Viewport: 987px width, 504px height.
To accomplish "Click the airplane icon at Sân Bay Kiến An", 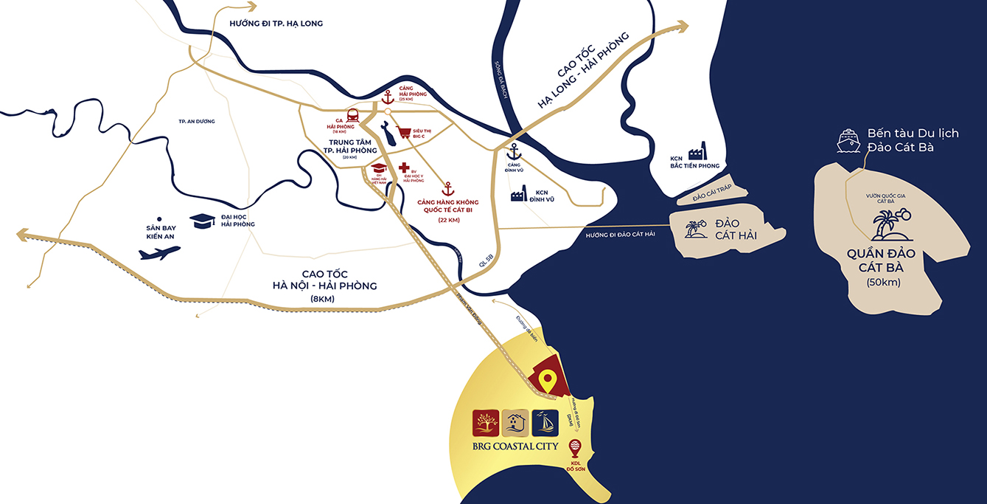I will pyautogui.click(x=159, y=253).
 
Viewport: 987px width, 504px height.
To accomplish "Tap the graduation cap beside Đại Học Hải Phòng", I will pyautogui.click(x=203, y=220).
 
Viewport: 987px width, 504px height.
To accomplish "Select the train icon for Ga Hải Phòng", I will pyautogui.click(x=352, y=116).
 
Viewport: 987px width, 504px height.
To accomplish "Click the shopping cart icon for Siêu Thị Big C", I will pyautogui.click(x=403, y=134).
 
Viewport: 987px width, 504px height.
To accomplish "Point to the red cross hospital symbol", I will pyautogui.click(x=403, y=168).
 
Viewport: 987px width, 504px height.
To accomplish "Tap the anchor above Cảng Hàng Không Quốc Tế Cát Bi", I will pyautogui.click(x=446, y=188).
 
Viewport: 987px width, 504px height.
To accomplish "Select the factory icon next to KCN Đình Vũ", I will pyautogui.click(x=517, y=195).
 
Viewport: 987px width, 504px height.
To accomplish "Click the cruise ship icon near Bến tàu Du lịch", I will pyautogui.click(x=849, y=140).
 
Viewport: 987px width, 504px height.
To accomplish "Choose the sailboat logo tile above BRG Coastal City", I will pyautogui.click(x=545, y=423).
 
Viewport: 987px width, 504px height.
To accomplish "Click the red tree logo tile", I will pyautogui.click(x=487, y=423).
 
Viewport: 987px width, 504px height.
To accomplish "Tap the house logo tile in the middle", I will pyautogui.click(x=516, y=423).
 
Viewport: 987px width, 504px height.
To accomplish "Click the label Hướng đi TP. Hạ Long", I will pyautogui.click(x=276, y=24).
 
